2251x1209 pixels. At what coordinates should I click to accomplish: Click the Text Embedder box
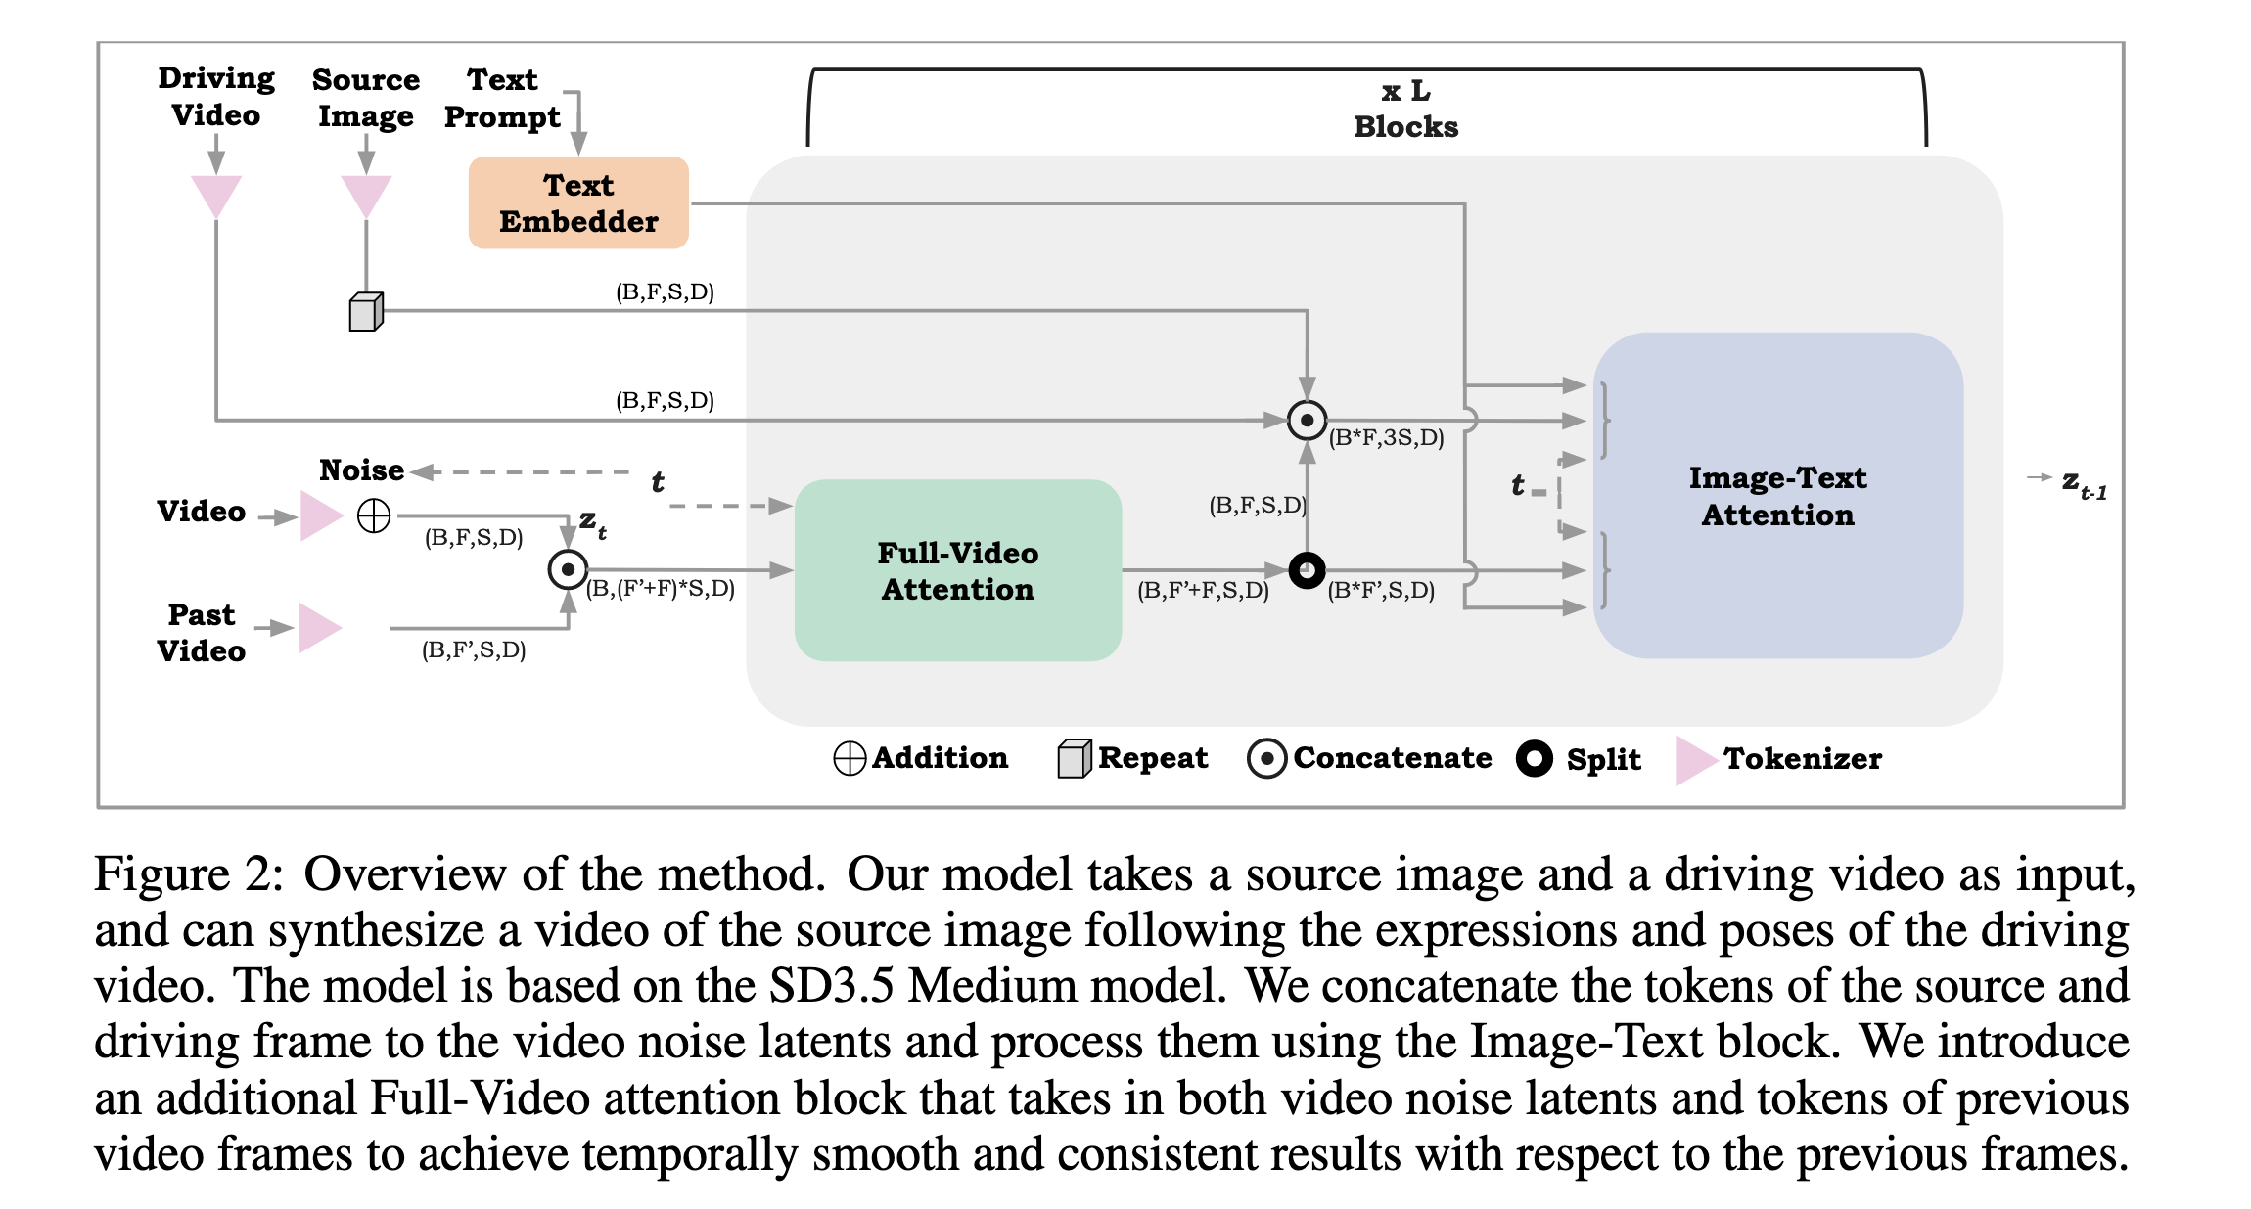(578, 202)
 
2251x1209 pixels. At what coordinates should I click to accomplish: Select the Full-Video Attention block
(957, 570)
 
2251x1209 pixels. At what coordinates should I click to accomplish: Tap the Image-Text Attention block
(1777, 496)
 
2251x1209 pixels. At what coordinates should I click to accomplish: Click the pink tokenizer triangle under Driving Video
(216, 195)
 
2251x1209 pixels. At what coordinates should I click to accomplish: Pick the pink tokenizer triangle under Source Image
(366, 195)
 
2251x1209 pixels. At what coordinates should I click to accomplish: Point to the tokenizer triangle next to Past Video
(319, 627)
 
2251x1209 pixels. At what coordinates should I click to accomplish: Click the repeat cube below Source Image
(366, 312)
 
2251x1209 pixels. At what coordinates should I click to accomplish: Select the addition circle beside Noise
(374, 515)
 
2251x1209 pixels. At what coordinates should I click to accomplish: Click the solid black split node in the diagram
(1307, 569)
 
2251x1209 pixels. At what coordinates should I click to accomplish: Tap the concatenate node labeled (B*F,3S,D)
(1307, 421)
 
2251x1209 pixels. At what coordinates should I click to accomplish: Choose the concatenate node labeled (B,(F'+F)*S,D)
(568, 569)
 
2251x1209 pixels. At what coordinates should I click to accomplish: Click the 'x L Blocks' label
(1405, 109)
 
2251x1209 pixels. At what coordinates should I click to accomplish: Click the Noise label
(361, 470)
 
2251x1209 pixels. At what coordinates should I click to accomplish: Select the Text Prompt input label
(502, 98)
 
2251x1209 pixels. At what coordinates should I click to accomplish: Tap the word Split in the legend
(1603, 759)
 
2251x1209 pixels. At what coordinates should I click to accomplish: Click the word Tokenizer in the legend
(1802, 758)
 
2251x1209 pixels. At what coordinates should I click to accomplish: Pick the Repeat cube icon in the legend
(1074, 758)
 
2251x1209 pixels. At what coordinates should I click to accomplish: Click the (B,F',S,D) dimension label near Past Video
(474, 650)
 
